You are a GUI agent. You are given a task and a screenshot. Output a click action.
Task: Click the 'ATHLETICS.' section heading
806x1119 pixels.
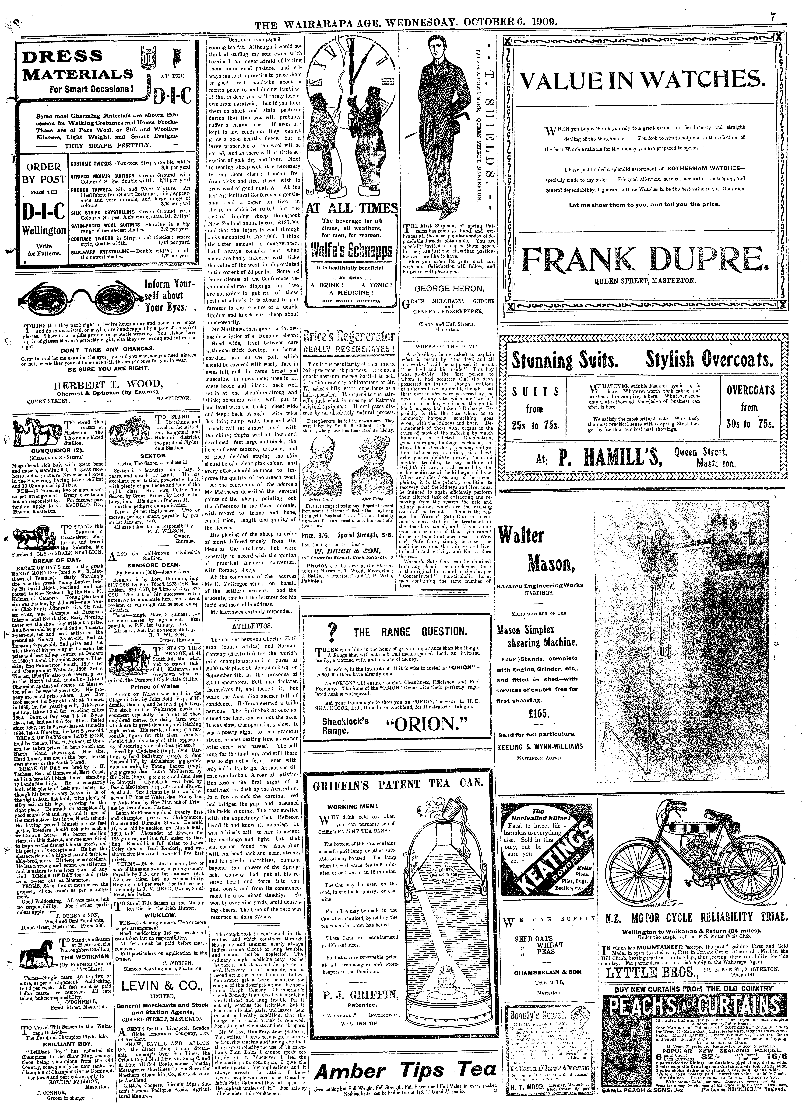click(255, 625)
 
